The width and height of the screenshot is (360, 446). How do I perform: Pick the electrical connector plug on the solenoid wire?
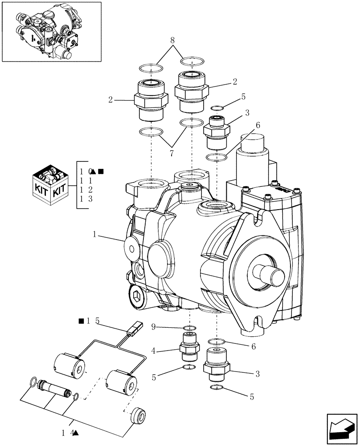point(134,330)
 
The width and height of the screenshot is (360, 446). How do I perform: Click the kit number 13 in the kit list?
point(86,199)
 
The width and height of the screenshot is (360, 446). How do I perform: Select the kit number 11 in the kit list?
point(86,181)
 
